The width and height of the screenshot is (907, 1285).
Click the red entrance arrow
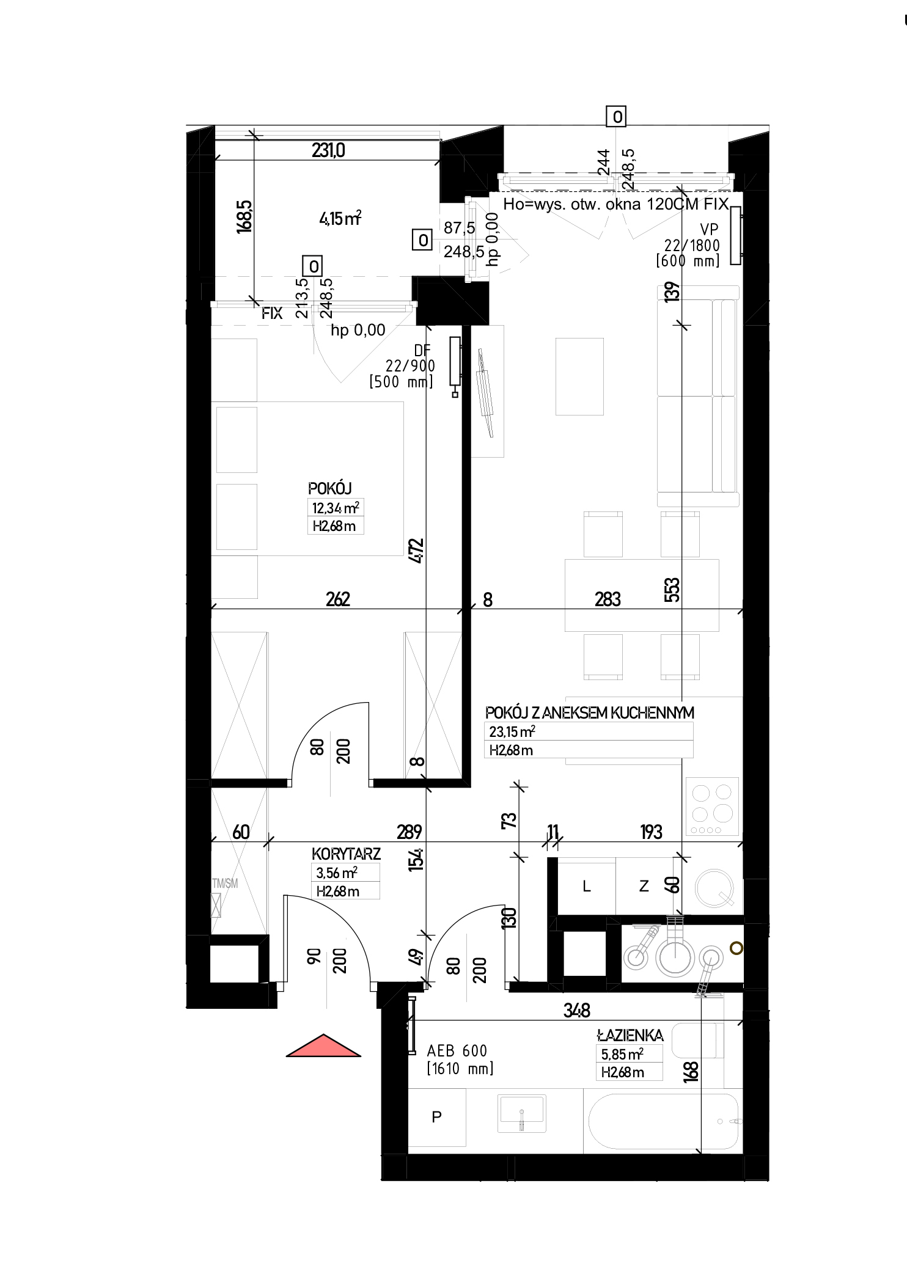click(323, 1045)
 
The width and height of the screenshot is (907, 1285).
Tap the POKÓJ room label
click(330, 488)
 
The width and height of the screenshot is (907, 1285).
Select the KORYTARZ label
click(346, 854)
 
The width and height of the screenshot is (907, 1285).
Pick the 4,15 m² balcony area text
click(340, 218)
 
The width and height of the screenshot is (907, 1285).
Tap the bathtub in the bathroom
click(664, 1122)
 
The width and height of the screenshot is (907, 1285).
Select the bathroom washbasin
click(522, 1113)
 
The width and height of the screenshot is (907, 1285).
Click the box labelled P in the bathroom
click(436, 1117)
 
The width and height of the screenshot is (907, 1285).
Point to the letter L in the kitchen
click(587, 887)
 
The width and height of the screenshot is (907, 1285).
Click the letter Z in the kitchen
click(644, 886)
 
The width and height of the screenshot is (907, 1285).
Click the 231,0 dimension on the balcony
click(328, 150)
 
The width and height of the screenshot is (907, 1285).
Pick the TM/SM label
click(224, 883)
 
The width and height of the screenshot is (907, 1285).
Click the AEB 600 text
click(457, 1051)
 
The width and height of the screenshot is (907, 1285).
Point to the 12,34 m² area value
click(336, 508)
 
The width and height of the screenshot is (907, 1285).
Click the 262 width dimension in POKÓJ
click(338, 599)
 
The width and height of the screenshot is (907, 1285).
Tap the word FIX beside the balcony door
click(272, 313)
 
